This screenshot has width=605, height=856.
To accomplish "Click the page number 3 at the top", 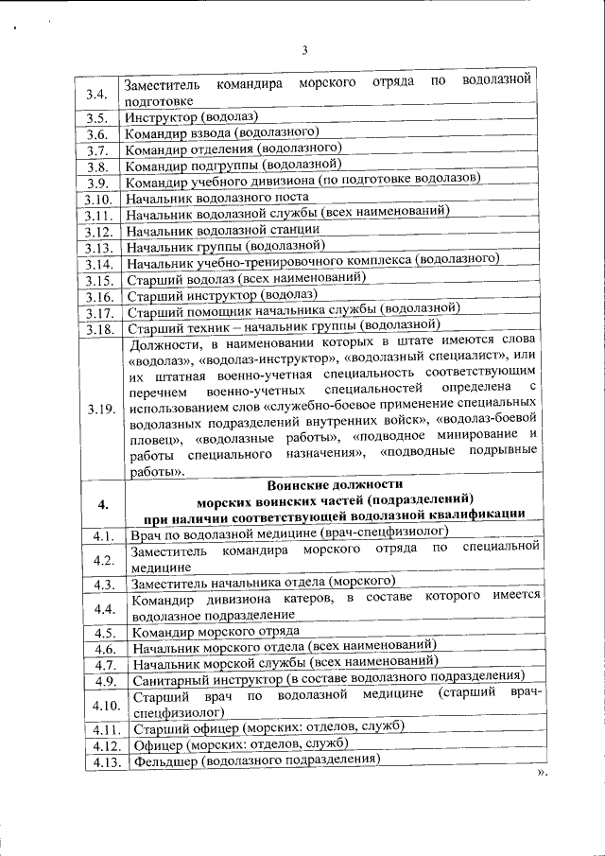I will [304, 50].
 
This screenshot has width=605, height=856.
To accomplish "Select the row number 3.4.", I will [95, 94].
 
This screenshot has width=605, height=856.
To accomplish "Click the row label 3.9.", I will [97, 183].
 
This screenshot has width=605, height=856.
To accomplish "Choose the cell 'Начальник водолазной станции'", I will [223, 230].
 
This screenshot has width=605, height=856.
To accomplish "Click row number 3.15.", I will [98, 280].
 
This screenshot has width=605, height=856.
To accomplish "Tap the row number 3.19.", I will [99, 409].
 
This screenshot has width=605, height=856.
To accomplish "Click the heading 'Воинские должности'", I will [336, 482].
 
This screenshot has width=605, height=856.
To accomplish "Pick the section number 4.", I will [101, 501].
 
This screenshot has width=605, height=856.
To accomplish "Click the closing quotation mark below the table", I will [542, 774].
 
